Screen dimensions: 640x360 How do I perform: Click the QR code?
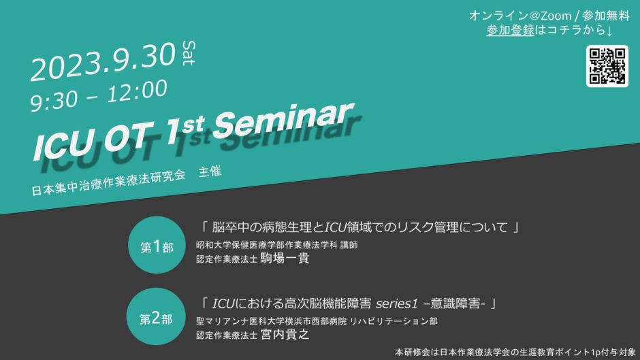point(607,66)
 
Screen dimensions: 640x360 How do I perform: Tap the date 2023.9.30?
point(103,62)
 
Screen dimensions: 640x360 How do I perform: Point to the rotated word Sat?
point(189,52)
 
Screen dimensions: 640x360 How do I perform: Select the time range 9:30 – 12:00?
point(98,95)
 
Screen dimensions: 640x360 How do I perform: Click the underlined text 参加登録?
point(510,30)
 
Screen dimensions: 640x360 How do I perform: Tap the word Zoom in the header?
point(556,16)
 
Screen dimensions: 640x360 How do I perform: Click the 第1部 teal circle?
point(157,245)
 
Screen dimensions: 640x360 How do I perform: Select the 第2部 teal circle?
point(156,316)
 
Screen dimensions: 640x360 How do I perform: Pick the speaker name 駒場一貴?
point(285,259)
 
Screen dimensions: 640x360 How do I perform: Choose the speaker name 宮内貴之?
point(285,335)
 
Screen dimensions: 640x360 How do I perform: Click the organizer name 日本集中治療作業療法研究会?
point(108,182)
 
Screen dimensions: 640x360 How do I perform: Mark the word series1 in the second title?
point(397,304)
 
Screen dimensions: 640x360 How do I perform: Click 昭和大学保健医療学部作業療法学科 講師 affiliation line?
point(276,245)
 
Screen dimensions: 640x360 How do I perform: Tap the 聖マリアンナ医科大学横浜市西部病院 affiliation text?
point(271,321)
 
